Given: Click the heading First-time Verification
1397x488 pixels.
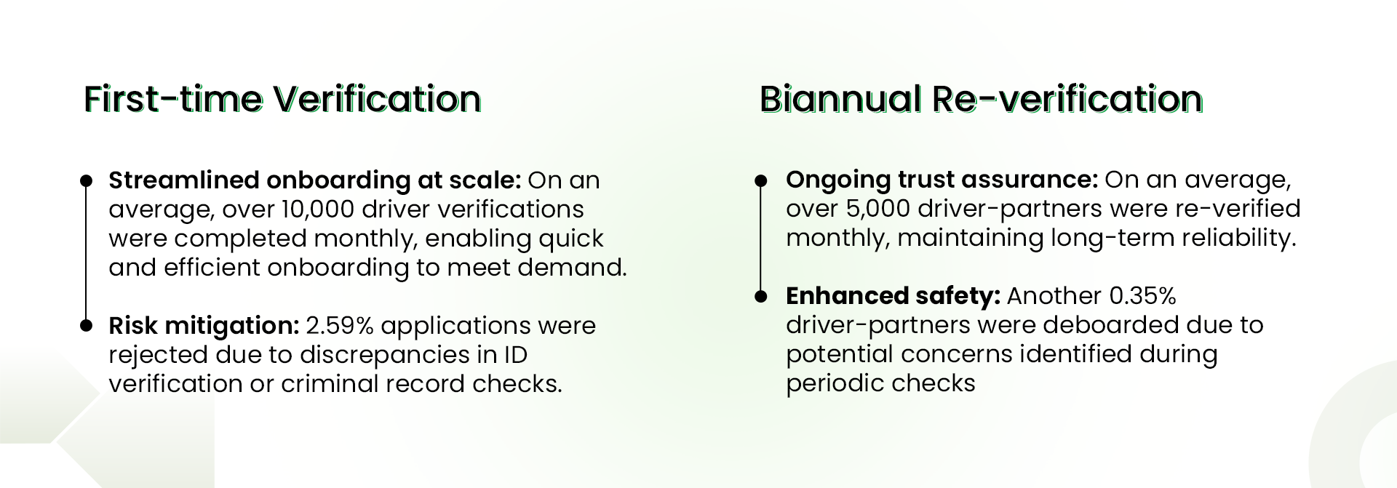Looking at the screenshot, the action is click(x=282, y=99).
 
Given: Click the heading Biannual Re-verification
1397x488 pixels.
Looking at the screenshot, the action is click(x=981, y=99).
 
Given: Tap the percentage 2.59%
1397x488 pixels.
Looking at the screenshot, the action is click(x=340, y=325).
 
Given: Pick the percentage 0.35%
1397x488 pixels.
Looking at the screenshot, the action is click(x=1143, y=296).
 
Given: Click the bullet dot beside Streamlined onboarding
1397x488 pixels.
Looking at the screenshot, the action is click(x=86, y=180).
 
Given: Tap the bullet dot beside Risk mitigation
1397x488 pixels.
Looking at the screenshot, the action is click(x=86, y=325).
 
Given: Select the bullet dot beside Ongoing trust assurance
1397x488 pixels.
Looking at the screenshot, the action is click(x=761, y=180).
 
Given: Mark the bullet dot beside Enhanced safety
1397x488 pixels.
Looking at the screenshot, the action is click(x=761, y=296).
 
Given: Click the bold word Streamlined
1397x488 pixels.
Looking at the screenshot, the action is click(x=184, y=180).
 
